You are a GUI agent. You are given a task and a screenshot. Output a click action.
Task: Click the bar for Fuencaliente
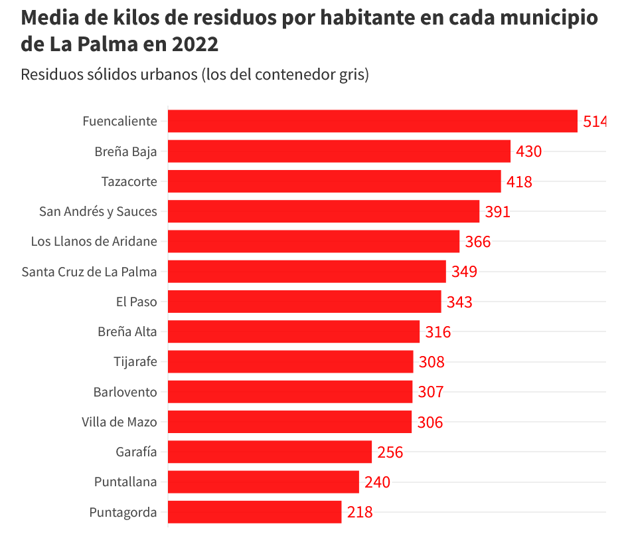pyautogui.click(x=372, y=121)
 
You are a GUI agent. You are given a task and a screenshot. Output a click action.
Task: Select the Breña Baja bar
pyautogui.click(x=339, y=151)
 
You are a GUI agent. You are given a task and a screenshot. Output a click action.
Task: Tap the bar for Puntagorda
pyautogui.click(x=254, y=512)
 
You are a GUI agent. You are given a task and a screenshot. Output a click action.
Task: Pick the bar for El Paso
pyautogui.click(x=304, y=302)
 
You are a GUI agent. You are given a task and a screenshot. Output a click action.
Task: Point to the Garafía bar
pyautogui.click(x=270, y=452)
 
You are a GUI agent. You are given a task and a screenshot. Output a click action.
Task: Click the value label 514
pyautogui.click(x=594, y=122)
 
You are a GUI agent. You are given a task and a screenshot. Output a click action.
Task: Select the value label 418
pyautogui.click(x=519, y=181)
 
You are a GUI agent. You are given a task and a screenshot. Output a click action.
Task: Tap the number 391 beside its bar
pyautogui.click(x=497, y=212)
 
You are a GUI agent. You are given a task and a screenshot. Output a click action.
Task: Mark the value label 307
pyautogui.click(x=430, y=392)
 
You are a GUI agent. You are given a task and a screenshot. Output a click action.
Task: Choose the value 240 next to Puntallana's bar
pyautogui.click(x=377, y=482)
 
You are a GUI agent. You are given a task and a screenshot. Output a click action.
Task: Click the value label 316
pyautogui.click(x=437, y=332)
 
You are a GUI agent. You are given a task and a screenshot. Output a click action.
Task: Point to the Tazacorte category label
pyautogui.click(x=129, y=181)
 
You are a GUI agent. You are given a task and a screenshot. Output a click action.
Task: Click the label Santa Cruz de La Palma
pyautogui.click(x=89, y=272)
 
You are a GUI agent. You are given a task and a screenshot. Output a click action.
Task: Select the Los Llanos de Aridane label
pyautogui.click(x=94, y=242)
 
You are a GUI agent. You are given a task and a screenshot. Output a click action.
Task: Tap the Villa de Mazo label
pyautogui.click(x=119, y=422)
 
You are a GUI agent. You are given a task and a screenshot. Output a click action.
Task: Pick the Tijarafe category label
pyautogui.click(x=135, y=362)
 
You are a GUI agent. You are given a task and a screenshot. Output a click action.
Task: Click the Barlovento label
pyautogui.click(x=125, y=392)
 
